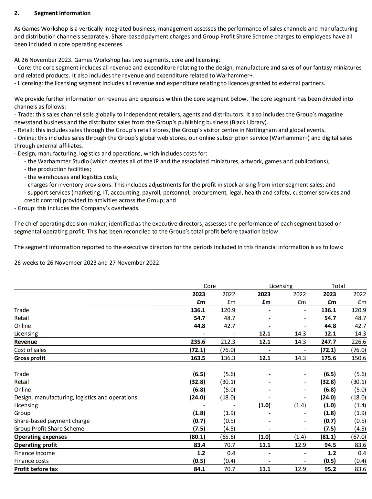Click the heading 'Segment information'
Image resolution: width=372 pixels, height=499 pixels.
(x=62, y=13)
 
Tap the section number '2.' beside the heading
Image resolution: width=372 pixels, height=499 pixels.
(x=17, y=13)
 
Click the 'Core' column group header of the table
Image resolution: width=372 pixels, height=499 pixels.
(x=209, y=286)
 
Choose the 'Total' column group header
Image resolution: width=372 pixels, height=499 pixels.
(x=338, y=286)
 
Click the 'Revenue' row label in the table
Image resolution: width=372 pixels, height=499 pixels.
(x=26, y=342)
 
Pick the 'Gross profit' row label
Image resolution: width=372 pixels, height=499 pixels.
(x=30, y=358)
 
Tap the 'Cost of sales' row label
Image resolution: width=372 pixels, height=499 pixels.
(x=30, y=350)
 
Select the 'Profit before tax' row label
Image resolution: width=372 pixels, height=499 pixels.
(x=36, y=469)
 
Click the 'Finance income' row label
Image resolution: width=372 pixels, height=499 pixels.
(x=34, y=453)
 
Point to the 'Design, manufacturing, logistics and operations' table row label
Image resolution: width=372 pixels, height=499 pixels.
(x=76, y=397)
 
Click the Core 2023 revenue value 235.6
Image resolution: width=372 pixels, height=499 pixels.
(x=198, y=342)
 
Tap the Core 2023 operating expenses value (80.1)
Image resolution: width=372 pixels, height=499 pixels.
(x=197, y=437)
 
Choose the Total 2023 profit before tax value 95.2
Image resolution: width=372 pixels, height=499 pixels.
(x=330, y=469)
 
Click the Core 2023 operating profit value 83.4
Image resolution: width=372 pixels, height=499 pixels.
(x=199, y=445)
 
